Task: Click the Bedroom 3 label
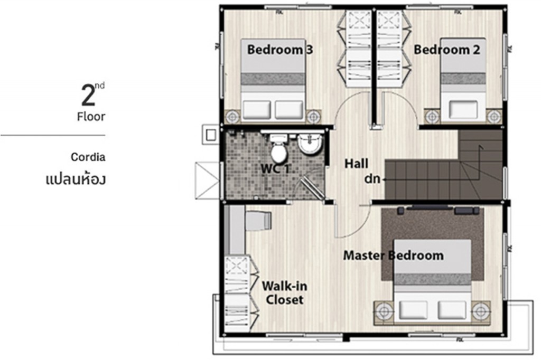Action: point(280,50)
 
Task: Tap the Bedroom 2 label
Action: point(446,50)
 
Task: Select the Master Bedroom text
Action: point(393,255)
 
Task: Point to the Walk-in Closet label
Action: point(284,293)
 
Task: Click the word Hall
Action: point(356,164)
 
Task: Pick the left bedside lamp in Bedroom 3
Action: point(232,116)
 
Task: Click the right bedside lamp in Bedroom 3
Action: point(314,116)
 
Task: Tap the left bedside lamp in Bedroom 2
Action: point(432,116)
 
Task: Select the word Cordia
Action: point(88,157)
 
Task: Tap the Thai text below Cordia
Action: point(76,178)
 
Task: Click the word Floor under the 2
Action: point(91,117)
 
